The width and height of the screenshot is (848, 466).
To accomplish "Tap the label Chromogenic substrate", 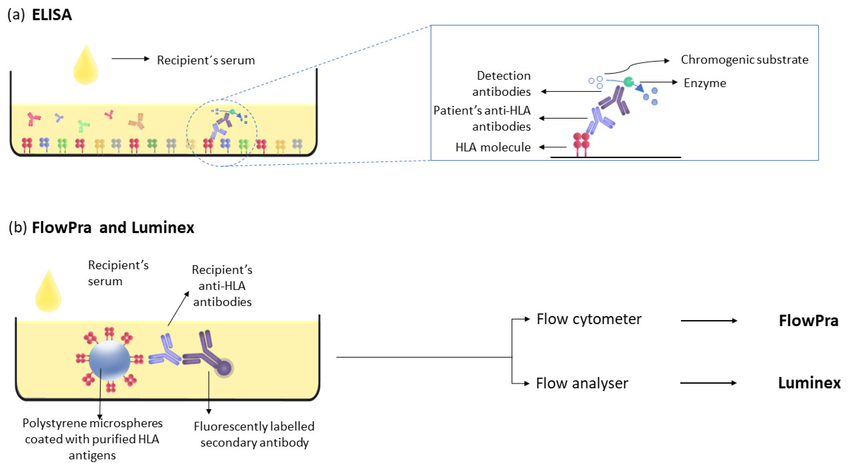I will click(744, 60).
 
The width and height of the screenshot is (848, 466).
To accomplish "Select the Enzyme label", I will click(705, 83).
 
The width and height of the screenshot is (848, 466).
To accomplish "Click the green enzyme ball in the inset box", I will click(628, 82).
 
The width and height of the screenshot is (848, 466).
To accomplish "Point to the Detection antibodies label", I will click(501, 83).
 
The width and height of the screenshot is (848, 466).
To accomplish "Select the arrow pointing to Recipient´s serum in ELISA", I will click(130, 59).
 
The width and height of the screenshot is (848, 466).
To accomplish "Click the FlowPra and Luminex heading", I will click(113, 228).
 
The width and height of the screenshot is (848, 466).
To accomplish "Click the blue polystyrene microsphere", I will click(109, 360).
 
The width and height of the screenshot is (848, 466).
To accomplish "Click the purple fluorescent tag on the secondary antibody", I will click(224, 367).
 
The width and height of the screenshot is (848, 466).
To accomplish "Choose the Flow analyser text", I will click(582, 383).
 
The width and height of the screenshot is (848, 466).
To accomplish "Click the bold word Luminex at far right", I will click(809, 383).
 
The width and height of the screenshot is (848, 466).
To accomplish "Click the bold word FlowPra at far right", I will click(808, 320).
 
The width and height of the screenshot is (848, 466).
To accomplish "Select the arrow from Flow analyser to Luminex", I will click(708, 383).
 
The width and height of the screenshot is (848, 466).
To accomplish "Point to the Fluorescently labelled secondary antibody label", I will click(254, 434).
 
